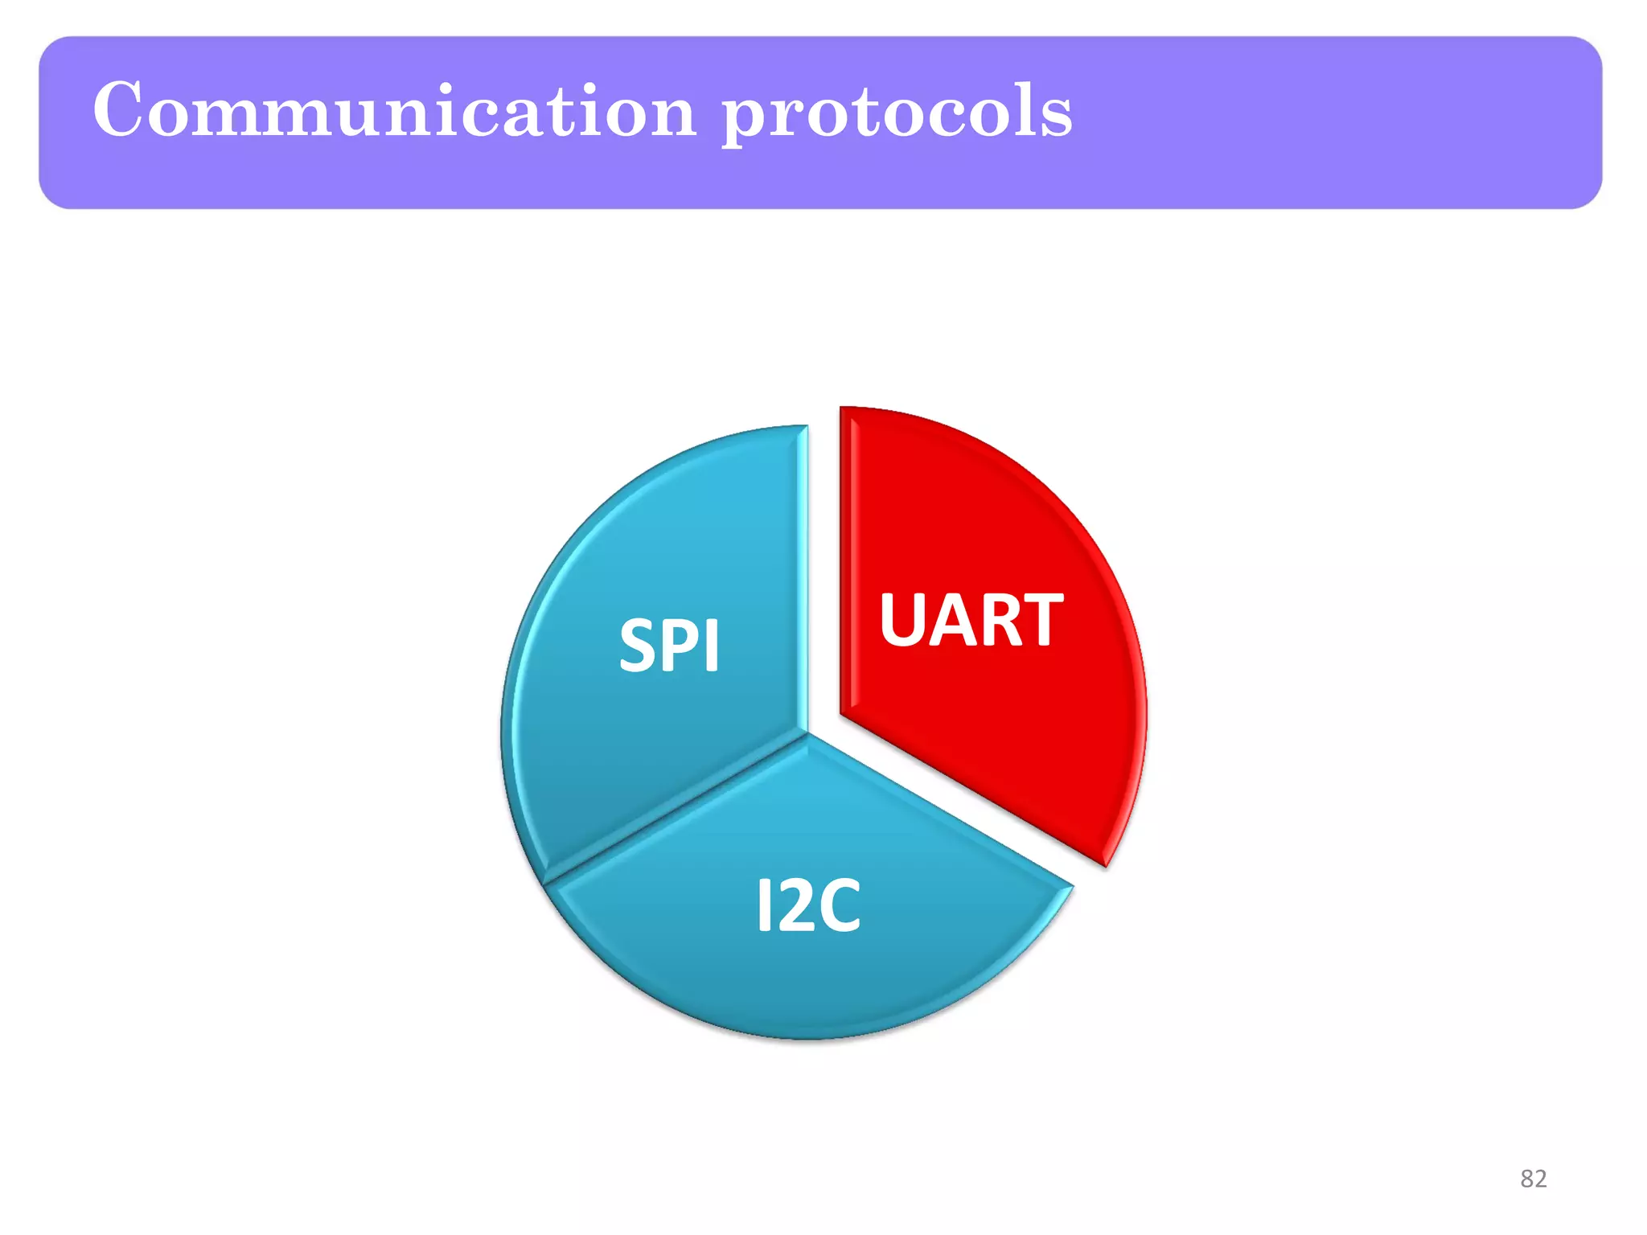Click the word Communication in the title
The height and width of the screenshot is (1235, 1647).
pyautogui.click(x=394, y=110)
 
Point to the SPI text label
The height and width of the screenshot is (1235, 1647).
pyautogui.click(x=669, y=646)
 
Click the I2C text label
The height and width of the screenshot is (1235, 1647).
pyautogui.click(x=808, y=906)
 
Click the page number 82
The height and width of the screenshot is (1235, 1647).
pyautogui.click(x=1533, y=1179)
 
